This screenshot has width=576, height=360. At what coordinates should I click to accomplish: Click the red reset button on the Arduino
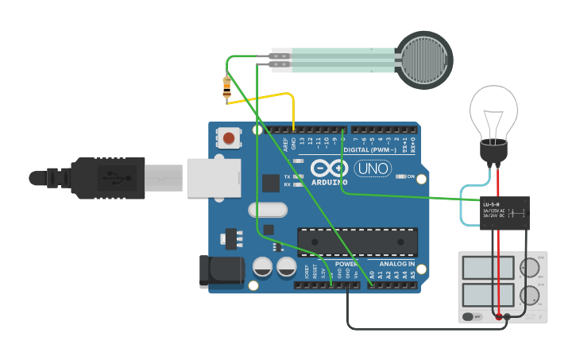(x=229, y=139)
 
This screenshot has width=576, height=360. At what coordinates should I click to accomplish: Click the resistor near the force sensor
(x=227, y=87)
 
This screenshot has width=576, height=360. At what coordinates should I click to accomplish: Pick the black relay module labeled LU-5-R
(x=504, y=213)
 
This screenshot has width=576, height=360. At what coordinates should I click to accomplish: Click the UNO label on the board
(x=371, y=168)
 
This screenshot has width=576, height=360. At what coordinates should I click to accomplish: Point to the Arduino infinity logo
(x=329, y=168)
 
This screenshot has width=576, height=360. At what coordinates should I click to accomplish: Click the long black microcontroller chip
(x=358, y=242)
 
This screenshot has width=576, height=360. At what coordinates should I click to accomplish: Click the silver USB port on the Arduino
(x=213, y=177)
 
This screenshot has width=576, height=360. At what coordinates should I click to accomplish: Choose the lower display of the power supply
(x=488, y=295)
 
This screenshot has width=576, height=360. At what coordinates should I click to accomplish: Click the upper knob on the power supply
(x=529, y=268)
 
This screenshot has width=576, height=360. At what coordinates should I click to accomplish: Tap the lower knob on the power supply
(x=529, y=296)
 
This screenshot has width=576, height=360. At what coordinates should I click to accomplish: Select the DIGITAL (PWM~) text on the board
(x=372, y=149)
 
